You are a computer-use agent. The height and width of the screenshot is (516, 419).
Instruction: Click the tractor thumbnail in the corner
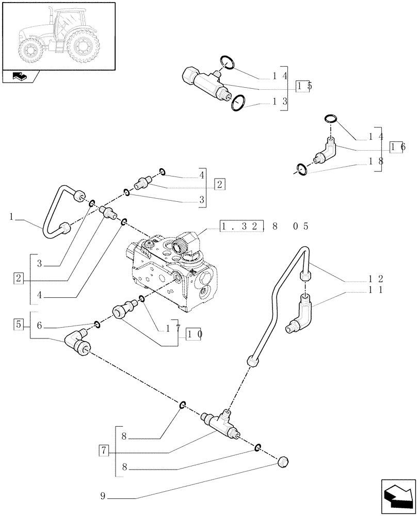click(58, 36)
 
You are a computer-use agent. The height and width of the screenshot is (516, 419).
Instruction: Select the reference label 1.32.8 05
click(264, 226)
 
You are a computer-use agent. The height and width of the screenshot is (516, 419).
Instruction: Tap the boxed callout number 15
click(304, 86)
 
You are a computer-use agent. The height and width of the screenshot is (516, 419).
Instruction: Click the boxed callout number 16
click(398, 148)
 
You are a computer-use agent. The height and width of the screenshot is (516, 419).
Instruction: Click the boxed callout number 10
click(194, 334)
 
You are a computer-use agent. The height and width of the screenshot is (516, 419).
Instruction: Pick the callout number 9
click(103, 497)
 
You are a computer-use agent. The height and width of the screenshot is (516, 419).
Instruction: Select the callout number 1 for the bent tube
click(11, 217)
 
